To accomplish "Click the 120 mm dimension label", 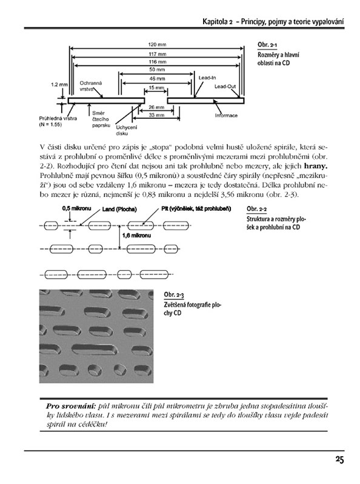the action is pyautogui.click(x=157, y=44).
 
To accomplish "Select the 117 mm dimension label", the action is pyautogui.click(x=158, y=54).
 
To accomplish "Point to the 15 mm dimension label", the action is pyautogui.click(x=156, y=88).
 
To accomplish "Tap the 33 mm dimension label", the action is pyautogui.click(x=156, y=115).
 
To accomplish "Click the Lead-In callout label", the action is pyautogui.click(x=207, y=78).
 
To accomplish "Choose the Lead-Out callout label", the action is pyautogui.click(x=225, y=87).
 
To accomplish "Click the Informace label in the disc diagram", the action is pyautogui.click(x=226, y=116).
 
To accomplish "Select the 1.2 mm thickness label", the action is pyautogui.click(x=59, y=84).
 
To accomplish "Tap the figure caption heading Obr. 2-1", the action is pyautogui.click(x=267, y=45).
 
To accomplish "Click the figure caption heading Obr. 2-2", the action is pyautogui.click(x=256, y=209).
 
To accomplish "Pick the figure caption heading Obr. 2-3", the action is pyautogui.click(x=174, y=295).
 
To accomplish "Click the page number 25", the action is pyautogui.click(x=339, y=460).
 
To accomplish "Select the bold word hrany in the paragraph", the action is pyautogui.click(x=316, y=166).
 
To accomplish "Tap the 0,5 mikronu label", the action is pyautogui.click(x=76, y=208).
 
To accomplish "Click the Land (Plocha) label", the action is pyautogui.click(x=119, y=209).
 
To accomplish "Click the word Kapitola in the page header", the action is pyautogui.click(x=216, y=22).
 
